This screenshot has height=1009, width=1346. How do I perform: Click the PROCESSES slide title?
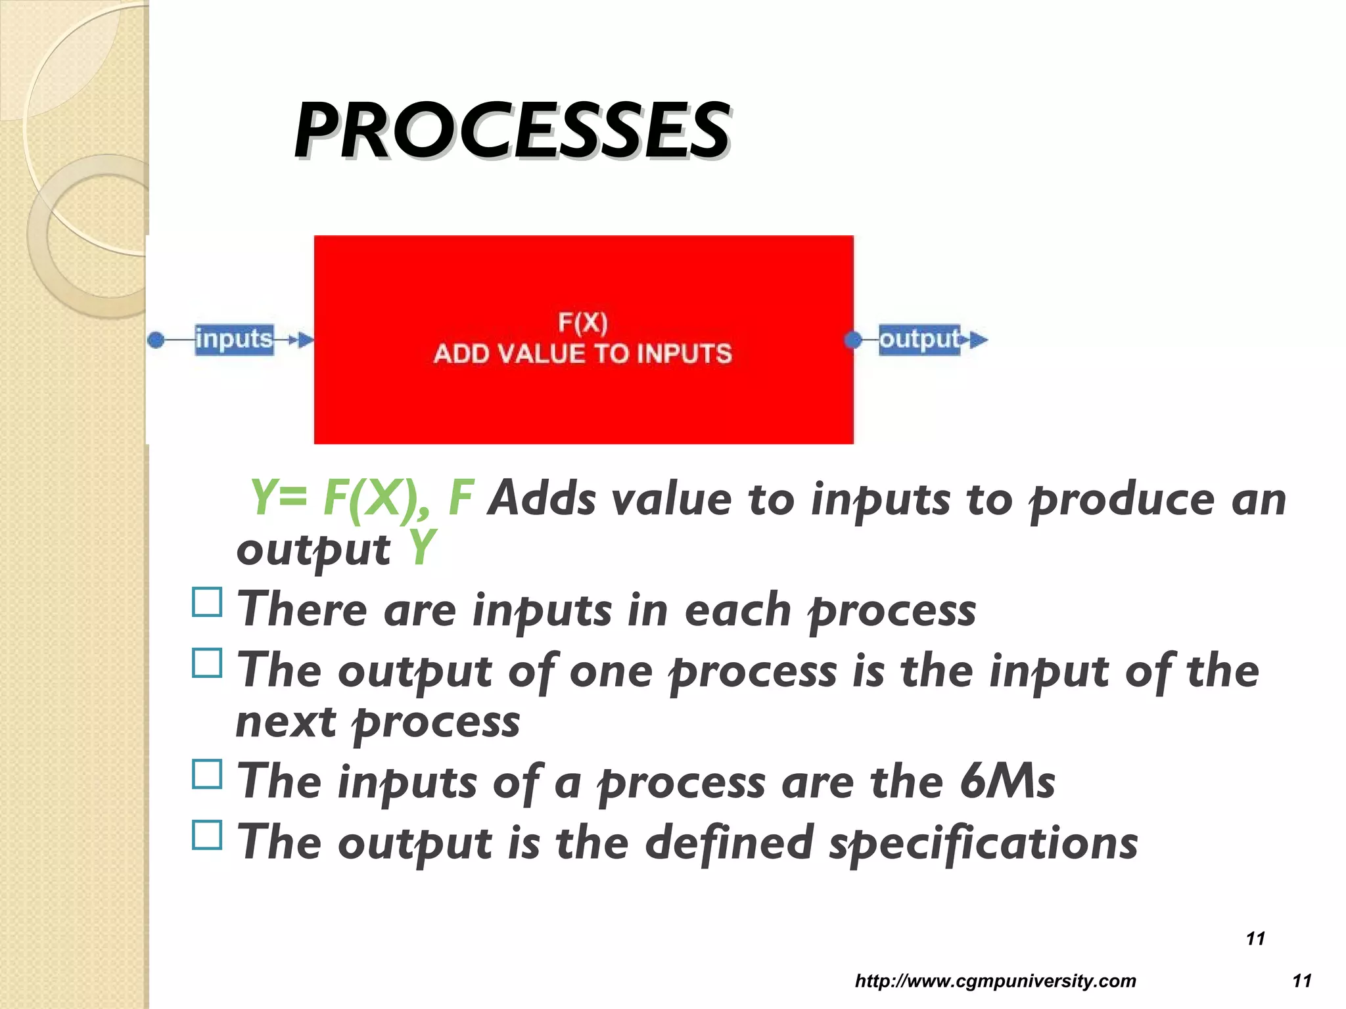pos(511,131)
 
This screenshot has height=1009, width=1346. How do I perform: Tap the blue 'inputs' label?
pos(234,340)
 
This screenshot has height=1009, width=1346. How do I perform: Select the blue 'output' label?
pos(919,340)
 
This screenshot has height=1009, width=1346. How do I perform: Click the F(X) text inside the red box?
pos(582,323)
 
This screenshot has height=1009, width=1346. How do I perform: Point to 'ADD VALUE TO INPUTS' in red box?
pos(582,354)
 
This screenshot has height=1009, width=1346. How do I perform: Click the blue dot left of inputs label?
pos(156,340)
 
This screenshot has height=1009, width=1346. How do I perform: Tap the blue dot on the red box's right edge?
pos(853,340)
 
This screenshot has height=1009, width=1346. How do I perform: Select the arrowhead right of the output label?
pos(978,340)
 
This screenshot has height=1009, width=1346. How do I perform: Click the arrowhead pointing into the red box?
pos(306,340)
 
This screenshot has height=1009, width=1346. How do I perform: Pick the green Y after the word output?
pos(421,549)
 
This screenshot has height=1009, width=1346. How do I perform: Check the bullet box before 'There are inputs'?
pos(207,602)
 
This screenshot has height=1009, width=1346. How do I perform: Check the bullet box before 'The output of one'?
pos(207,663)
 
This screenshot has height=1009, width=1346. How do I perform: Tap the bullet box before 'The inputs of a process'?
pos(207,774)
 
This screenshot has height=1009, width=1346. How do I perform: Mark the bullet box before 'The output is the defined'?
pos(207,835)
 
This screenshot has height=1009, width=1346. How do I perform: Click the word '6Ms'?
pos(1007,782)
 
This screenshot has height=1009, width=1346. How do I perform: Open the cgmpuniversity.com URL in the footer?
pos(995,981)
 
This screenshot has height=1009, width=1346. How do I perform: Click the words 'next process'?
pos(378,723)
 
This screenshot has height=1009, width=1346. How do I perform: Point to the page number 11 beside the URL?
pos(1301,981)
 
